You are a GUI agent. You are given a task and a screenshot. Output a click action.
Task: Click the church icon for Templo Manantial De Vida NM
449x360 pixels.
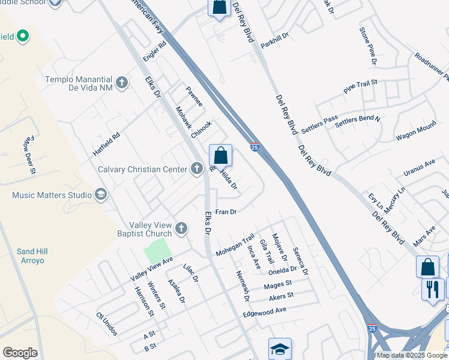click(x=122, y=82)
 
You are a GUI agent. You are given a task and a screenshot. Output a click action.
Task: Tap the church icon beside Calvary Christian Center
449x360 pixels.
click(x=197, y=169)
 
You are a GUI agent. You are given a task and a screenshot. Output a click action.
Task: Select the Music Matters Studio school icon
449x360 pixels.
click(x=101, y=194)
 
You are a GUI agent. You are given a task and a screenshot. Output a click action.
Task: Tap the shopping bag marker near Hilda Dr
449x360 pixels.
click(x=221, y=155)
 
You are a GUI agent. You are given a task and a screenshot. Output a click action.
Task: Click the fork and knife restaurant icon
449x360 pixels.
click(x=432, y=289)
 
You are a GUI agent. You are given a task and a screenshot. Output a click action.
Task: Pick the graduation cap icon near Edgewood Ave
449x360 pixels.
click(x=279, y=349)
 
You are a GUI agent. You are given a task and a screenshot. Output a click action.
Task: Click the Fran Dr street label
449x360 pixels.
click(x=227, y=212)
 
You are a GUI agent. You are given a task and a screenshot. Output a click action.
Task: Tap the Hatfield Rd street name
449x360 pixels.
click(x=106, y=144)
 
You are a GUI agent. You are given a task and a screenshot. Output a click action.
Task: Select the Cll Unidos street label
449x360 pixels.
click(x=107, y=324)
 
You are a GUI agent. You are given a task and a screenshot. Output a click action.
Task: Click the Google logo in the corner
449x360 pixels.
click(x=20, y=353)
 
